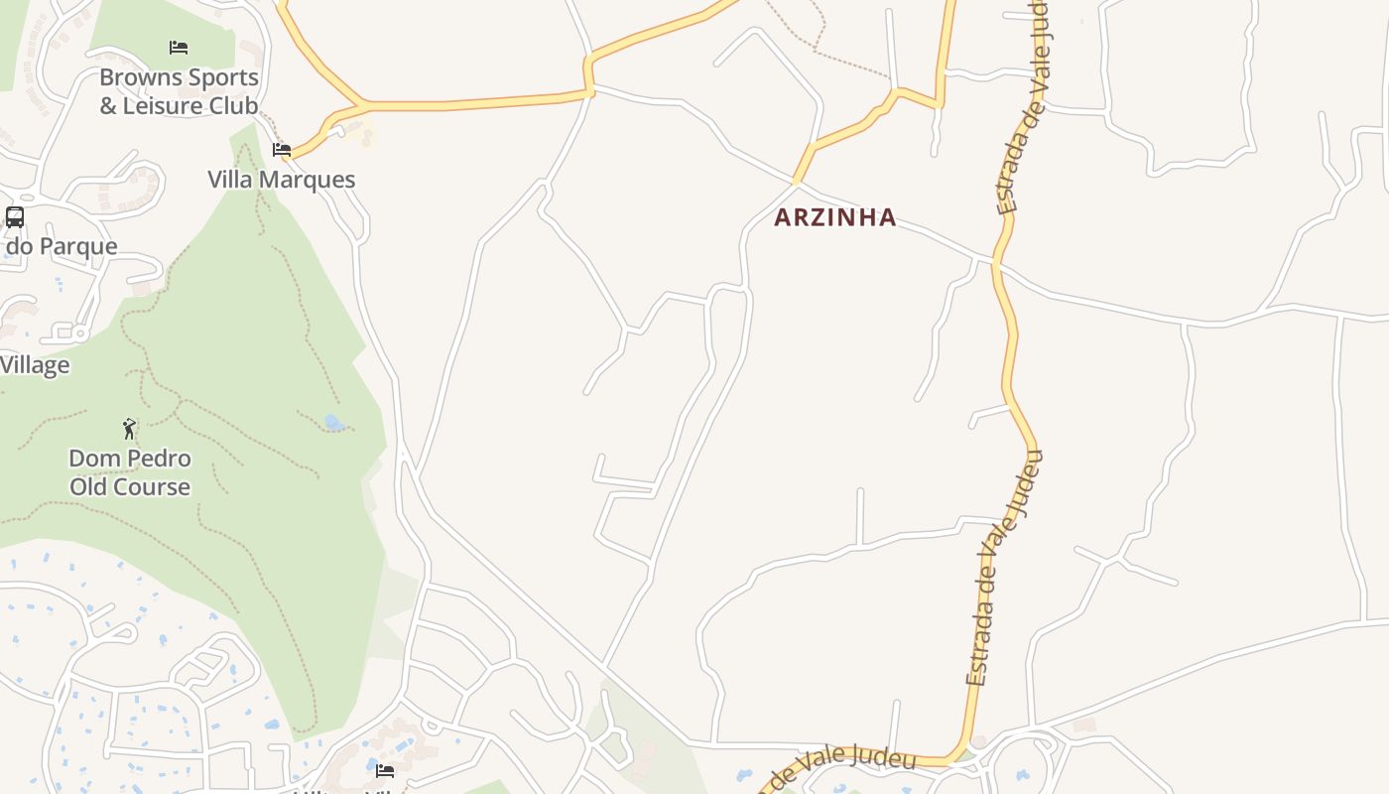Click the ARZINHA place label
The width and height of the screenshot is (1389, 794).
click(x=834, y=217)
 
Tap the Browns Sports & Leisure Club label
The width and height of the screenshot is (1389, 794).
click(x=179, y=91)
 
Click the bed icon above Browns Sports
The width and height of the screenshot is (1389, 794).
click(x=179, y=47)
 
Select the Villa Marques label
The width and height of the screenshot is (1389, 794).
click(x=281, y=180)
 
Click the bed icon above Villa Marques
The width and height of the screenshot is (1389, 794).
click(x=282, y=150)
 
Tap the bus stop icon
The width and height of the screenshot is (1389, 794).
click(x=15, y=216)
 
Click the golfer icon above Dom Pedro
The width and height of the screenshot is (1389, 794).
click(x=129, y=429)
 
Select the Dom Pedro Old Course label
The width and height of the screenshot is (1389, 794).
click(x=129, y=472)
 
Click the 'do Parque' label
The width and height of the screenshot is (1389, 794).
click(x=62, y=246)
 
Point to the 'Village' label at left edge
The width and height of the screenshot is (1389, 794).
click(x=35, y=365)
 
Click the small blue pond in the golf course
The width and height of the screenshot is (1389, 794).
click(x=334, y=424)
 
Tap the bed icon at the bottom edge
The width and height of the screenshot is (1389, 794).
click(x=385, y=769)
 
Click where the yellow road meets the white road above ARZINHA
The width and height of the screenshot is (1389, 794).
click(x=796, y=183)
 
